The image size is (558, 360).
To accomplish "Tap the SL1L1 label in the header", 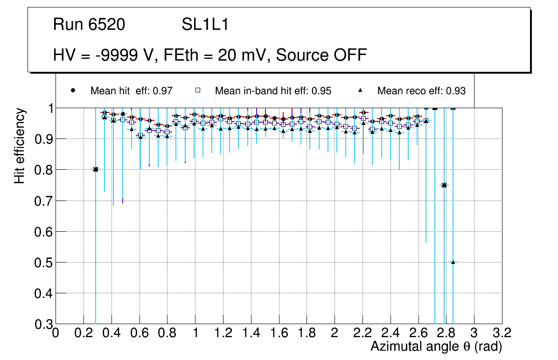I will pyautogui.click(x=205, y=25).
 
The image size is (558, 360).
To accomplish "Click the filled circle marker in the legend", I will pyautogui.click(x=73, y=90).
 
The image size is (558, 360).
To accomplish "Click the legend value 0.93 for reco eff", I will pyautogui.click(x=455, y=91).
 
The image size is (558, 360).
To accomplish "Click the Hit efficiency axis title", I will pyautogui.click(x=19, y=145).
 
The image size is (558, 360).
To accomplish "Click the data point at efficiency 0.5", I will pyautogui.click(x=453, y=263).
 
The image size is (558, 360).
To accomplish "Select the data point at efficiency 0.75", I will pyautogui.click(x=444, y=185).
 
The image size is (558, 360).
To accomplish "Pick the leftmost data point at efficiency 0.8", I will pyautogui.click(x=96, y=169).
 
